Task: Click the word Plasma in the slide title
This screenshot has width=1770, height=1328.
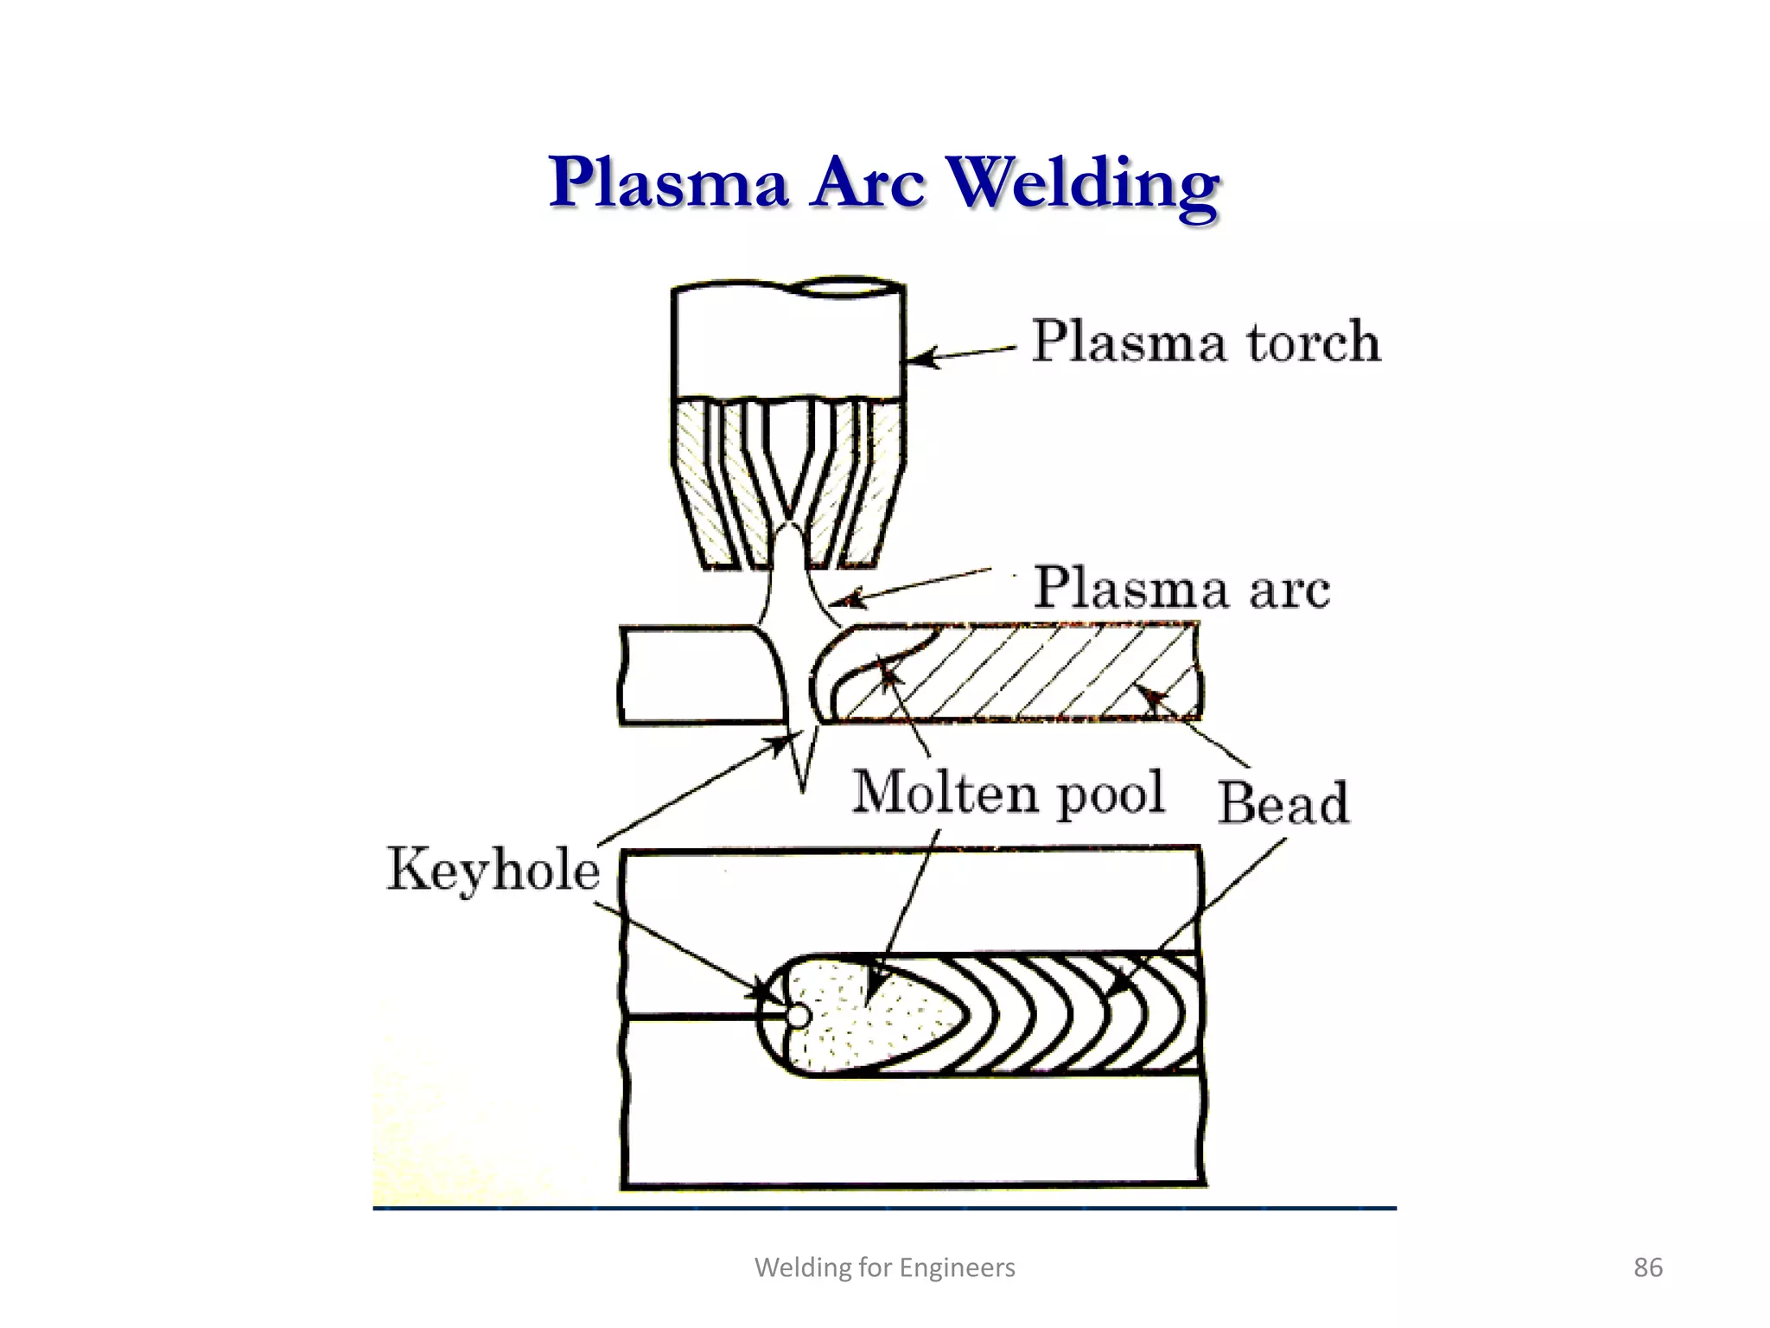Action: (x=668, y=183)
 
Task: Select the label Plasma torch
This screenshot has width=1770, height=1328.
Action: (x=1206, y=341)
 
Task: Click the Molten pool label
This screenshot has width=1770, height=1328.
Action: (x=1008, y=792)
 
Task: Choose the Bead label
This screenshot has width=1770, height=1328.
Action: (x=1283, y=802)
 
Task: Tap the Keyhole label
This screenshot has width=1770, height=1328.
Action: (x=493, y=869)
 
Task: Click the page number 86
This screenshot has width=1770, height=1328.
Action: (x=1647, y=1267)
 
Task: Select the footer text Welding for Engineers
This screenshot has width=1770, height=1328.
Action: (x=884, y=1267)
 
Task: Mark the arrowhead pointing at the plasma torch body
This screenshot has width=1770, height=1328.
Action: (x=921, y=358)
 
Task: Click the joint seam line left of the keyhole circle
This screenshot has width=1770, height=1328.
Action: (x=691, y=1017)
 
